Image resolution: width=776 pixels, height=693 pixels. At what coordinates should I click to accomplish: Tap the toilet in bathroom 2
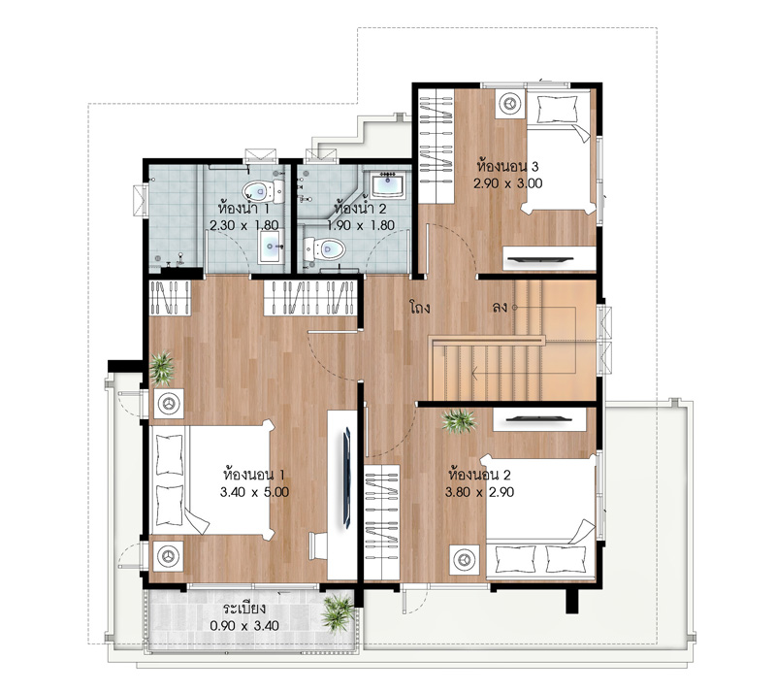tap(323, 249)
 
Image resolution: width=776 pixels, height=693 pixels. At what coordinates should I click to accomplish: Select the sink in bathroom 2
tap(389, 185)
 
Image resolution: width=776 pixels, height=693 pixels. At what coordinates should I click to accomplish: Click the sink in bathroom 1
tap(271, 246)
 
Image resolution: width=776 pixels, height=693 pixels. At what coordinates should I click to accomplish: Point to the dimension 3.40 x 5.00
tap(254, 492)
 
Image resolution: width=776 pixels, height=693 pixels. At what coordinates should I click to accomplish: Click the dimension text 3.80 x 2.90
tap(479, 492)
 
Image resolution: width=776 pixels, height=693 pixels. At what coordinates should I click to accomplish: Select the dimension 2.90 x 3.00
tap(507, 183)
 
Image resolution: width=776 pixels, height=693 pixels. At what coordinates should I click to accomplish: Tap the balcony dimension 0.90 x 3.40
tap(244, 626)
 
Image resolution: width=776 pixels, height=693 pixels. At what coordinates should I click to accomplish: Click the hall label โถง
tap(420, 308)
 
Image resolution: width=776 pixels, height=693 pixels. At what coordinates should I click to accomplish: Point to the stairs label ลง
tap(500, 307)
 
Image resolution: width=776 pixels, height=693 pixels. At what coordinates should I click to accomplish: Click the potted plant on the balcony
tap(338, 612)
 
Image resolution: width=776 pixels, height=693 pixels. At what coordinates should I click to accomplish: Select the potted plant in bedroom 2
tap(459, 421)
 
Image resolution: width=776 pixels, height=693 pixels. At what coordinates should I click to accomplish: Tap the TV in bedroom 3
tap(540, 258)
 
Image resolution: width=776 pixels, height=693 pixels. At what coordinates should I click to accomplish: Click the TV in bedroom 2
tap(538, 419)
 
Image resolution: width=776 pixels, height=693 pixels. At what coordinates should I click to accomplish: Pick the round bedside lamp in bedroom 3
tap(510, 104)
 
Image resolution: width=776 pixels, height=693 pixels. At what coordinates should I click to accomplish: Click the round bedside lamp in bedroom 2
tap(465, 560)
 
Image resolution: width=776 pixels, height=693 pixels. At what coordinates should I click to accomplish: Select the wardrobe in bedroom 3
tap(436, 146)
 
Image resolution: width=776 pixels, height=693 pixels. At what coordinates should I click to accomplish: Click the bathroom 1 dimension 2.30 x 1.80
tap(244, 225)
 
